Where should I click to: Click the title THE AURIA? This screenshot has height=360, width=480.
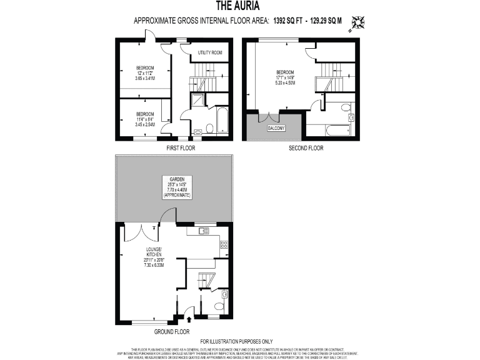point(239,6)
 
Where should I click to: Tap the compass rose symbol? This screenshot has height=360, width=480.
point(358,22)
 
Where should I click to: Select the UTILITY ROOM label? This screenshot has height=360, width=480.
point(210,53)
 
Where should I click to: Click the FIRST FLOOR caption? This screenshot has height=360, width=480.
point(181,149)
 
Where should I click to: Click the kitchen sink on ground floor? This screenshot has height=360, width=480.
point(203,231)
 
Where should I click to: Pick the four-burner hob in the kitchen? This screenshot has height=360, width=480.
point(224,247)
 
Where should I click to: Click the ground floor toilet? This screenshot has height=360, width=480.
point(218,306)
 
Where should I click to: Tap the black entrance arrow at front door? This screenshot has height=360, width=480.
point(189,320)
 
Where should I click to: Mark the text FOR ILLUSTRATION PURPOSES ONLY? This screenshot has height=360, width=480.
point(239,341)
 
